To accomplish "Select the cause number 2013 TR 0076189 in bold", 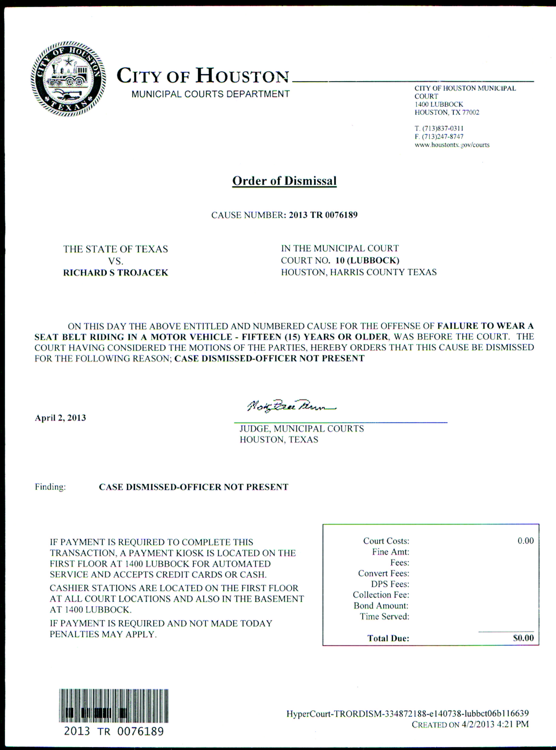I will coord(323,215).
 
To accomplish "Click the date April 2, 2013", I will coord(61,418).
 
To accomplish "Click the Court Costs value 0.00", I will coord(525,541).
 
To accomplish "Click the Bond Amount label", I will coord(381,606).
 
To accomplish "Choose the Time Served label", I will coord(384,616).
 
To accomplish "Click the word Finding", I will coord(50,487).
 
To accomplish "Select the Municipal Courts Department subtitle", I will coord(210,94).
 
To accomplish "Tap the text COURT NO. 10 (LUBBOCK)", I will coord(340,260).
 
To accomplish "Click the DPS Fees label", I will coord(390,584).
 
